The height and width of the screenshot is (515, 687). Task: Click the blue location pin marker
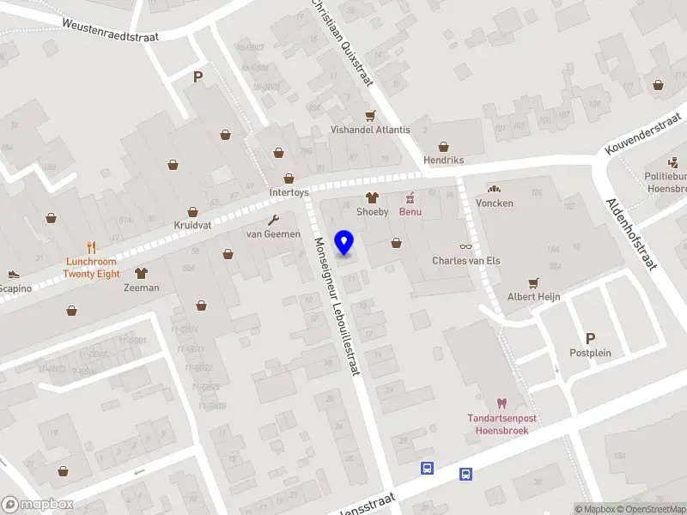pos(344,243)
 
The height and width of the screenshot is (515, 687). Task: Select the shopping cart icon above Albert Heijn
pos(533,282)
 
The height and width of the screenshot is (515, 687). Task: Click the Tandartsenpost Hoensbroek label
pos(502,424)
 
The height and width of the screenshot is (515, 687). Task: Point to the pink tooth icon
pos(502,403)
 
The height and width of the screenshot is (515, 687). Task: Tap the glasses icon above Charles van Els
pos(465,246)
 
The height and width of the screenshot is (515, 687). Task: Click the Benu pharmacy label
pos(409,211)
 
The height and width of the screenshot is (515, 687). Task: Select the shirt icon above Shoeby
pos(373,197)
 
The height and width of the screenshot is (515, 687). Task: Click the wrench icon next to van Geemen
pos(274,220)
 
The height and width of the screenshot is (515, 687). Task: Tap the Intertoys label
pos(289,192)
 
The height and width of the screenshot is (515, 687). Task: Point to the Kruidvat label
pos(192,225)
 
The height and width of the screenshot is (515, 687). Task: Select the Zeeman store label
pos(141,288)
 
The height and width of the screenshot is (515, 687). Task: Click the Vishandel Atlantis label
pos(371,130)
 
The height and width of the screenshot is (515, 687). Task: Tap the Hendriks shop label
pos(444,161)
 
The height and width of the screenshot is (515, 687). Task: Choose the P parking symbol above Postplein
pos(589,338)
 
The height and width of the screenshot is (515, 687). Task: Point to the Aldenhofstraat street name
pos(631,234)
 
